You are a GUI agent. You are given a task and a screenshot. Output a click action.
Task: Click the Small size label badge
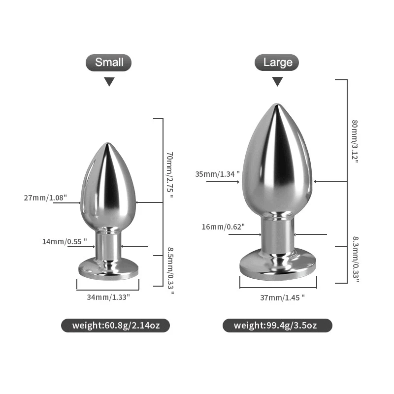109,63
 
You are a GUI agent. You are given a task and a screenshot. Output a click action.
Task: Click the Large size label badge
277,63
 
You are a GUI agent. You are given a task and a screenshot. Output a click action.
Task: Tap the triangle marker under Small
109,82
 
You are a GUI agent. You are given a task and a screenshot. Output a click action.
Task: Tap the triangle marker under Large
278,82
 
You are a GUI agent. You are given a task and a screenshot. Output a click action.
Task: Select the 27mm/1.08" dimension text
52,198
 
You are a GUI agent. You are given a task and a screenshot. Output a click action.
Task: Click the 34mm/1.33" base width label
108,297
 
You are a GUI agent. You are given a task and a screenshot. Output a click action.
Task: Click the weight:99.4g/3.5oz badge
277,325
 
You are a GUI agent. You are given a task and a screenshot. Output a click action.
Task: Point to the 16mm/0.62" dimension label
223,227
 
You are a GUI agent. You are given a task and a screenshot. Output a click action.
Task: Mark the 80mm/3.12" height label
355,142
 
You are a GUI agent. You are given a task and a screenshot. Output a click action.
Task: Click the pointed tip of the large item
277,105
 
